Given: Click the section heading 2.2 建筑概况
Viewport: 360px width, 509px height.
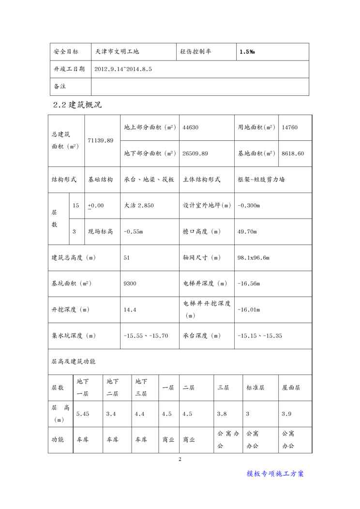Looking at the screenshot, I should click(77, 105).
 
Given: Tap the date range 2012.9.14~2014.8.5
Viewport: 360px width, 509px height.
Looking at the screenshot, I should click(123, 69).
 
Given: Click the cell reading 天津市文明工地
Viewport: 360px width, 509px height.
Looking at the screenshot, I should click(117, 51).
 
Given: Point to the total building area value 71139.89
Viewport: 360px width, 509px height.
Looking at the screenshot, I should click(101, 140).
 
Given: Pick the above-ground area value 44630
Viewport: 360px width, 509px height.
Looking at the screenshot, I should click(191, 128).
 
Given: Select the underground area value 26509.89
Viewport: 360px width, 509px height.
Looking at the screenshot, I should click(195, 153).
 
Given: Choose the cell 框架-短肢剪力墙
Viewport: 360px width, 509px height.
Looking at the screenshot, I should click(261, 180).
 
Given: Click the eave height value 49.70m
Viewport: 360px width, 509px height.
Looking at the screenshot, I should click(247, 231).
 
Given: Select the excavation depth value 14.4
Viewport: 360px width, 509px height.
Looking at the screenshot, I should click(130, 310).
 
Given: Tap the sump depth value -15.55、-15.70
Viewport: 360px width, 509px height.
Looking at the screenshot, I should click(146, 335).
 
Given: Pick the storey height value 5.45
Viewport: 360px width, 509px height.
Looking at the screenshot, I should click(83, 414).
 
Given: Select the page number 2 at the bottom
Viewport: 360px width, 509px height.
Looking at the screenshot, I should click(180, 459).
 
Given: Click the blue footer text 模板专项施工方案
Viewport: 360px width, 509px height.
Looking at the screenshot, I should click(275, 474).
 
